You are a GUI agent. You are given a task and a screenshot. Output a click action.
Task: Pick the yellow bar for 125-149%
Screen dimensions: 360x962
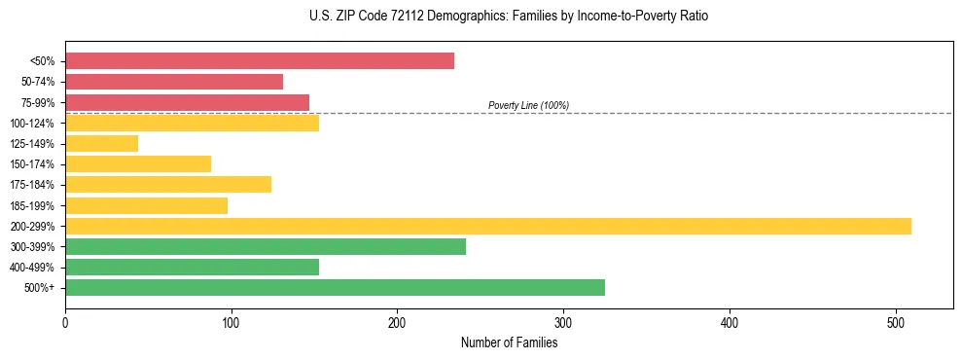click(x=102, y=143)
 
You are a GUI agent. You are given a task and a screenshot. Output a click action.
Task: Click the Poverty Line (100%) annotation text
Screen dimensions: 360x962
click(x=528, y=105)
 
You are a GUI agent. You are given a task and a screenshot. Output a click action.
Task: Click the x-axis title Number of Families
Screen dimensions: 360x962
click(x=510, y=342)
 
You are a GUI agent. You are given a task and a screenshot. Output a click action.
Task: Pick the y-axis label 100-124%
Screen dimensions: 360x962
click(x=32, y=124)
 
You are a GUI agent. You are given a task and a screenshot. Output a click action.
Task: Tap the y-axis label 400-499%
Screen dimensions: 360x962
click(x=32, y=268)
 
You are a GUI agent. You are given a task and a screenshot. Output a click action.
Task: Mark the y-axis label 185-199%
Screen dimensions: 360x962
click(x=32, y=205)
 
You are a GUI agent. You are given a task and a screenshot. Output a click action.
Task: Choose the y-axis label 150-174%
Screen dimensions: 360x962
click(x=32, y=164)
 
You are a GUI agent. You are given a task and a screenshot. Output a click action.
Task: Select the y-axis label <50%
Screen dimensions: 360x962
click(x=42, y=61)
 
